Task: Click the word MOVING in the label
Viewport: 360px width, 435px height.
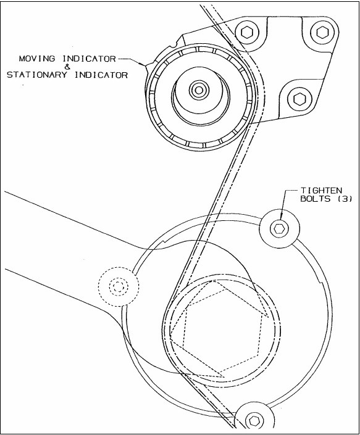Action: pos(37,59)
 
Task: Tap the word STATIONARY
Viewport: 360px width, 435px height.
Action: pos(36,75)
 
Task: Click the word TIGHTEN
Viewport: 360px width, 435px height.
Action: pos(322,191)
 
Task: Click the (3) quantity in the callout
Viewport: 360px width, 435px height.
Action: pos(345,199)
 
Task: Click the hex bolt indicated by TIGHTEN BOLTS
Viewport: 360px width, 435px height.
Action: pos(279,228)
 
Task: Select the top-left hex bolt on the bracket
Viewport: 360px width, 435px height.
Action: pos(246,33)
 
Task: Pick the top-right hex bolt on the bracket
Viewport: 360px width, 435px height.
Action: pos(322,32)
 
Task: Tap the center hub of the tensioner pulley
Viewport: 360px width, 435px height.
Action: pos(199,89)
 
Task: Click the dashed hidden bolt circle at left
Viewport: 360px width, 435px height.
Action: pos(119,286)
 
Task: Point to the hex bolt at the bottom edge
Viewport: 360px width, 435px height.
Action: pos(254,421)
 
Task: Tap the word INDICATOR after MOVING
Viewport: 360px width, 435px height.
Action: pos(88,59)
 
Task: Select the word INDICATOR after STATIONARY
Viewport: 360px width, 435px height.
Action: pos(101,75)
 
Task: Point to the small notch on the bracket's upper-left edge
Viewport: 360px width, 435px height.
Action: pos(175,44)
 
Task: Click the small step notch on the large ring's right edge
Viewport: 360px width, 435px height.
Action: pos(322,283)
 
